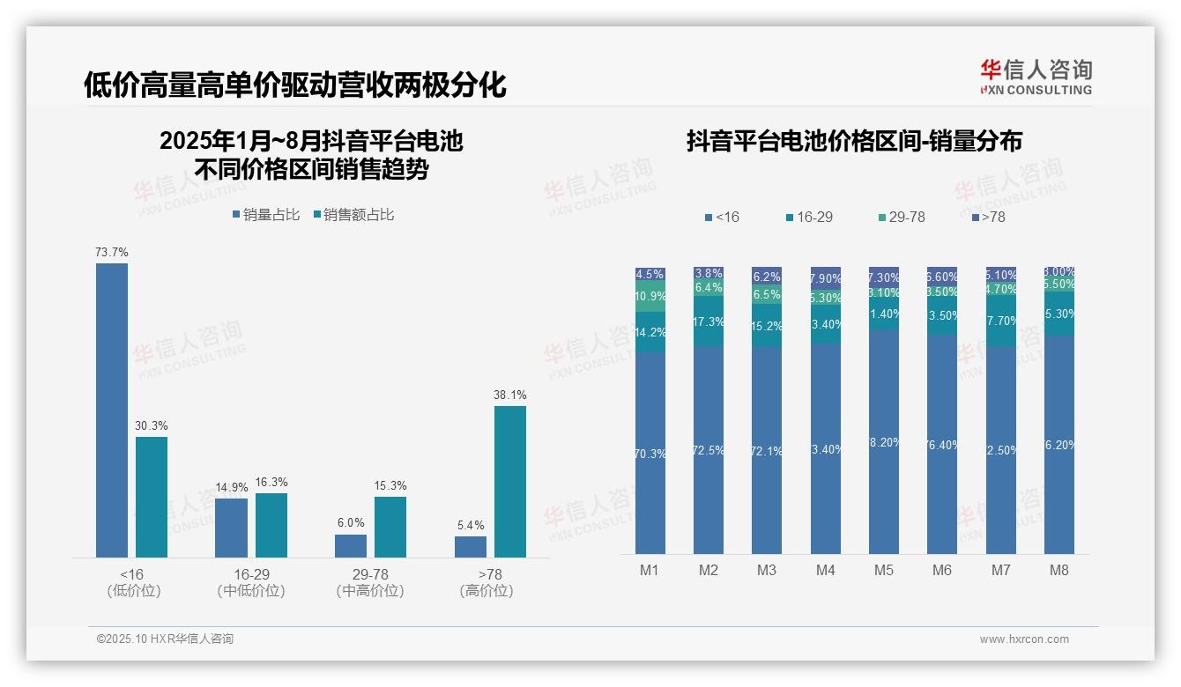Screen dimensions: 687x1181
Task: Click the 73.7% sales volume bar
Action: (x=112, y=410)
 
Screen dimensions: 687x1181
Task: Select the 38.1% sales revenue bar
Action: (x=509, y=481)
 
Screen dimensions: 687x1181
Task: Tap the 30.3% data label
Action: (x=152, y=426)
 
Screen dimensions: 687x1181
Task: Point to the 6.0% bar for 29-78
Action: (x=351, y=545)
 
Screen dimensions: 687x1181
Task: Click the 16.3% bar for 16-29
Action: (x=271, y=525)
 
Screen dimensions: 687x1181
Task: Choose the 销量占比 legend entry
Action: (x=266, y=215)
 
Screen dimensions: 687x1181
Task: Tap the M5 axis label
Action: (x=883, y=570)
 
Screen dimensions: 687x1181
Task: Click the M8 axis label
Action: (x=1058, y=570)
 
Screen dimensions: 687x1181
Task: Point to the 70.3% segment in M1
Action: (x=650, y=453)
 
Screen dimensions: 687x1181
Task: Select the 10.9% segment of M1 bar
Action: (x=650, y=297)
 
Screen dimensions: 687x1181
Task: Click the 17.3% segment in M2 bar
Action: (x=709, y=322)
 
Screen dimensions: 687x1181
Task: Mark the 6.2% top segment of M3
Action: (x=767, y=276)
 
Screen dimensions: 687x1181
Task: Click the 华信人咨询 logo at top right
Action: (x=1036, y=77)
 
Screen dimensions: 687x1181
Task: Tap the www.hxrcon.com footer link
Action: (x=1024, y=639)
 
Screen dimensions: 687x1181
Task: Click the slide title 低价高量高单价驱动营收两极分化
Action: (x=294, y=85)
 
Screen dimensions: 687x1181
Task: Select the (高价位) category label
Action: (x=486, y=591)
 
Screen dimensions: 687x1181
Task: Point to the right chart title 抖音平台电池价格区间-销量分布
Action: (x=854, y=142)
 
